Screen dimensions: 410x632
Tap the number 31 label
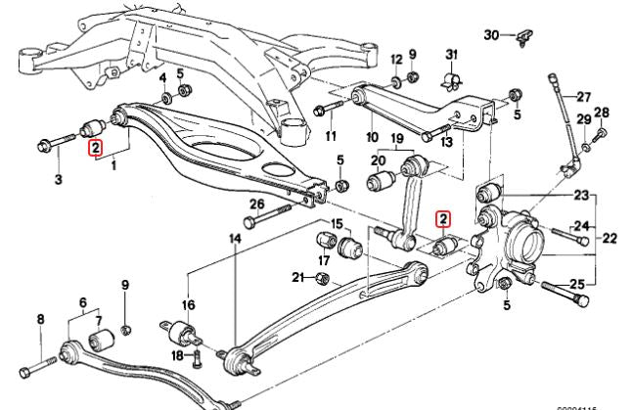[x=451, y=53]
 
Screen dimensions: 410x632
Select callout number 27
[x=584, y=97]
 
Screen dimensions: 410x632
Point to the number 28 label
[x=602, y=113]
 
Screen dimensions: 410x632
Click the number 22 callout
[x=609, y=237]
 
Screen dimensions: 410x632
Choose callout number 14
[x=235, y=238]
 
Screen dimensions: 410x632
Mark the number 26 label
[x=257, y=204]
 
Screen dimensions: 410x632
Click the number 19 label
[x=397, y=138]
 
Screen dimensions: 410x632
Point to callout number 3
[x=58, y=179]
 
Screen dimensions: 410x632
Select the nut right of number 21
[x=324, y=279]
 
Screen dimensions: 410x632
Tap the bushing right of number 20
[x=379, y=181]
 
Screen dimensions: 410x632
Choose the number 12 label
[x=396, y=59]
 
